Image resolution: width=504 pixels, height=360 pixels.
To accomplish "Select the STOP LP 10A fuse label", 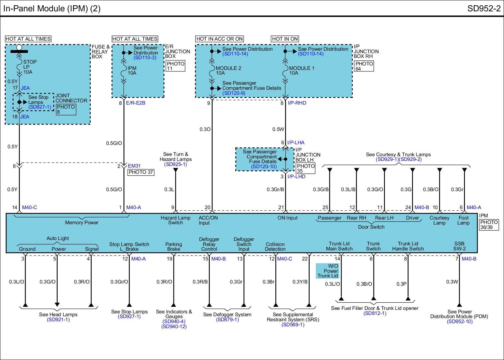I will (30, 67).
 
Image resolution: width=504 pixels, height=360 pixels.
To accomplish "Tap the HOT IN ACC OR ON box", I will (220, 39).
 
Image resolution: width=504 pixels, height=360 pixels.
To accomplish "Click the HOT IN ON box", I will (285, 39).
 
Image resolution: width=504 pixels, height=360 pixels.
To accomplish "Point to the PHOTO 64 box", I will (364, 66).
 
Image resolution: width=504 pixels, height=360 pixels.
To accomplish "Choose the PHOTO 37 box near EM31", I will (141, 172).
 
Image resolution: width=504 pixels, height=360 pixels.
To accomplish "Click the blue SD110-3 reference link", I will (145, 58).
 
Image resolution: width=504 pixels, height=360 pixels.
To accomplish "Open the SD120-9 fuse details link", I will (233, 93).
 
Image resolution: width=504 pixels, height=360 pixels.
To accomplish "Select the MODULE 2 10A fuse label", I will (228, 71).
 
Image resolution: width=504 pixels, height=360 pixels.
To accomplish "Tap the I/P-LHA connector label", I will (296, 142).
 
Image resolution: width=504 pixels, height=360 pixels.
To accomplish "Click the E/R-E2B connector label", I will (135, 103).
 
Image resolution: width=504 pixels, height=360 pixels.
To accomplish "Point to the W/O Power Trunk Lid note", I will (328, 271).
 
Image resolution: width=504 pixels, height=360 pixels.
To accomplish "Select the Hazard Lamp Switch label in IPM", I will (175, 220).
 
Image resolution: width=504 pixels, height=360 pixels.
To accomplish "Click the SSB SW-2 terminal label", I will (459, 246).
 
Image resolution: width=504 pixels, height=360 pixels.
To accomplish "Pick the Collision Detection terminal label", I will (275, 247).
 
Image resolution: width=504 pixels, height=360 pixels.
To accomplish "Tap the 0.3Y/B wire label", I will (300, 282).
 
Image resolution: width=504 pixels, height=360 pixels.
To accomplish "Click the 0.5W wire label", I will (278, 129).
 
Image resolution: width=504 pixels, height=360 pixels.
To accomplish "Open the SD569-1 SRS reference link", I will (293, 324).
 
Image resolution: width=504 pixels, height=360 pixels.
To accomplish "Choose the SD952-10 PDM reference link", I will (460, 321).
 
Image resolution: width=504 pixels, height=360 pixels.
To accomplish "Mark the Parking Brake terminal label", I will (174, 247).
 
